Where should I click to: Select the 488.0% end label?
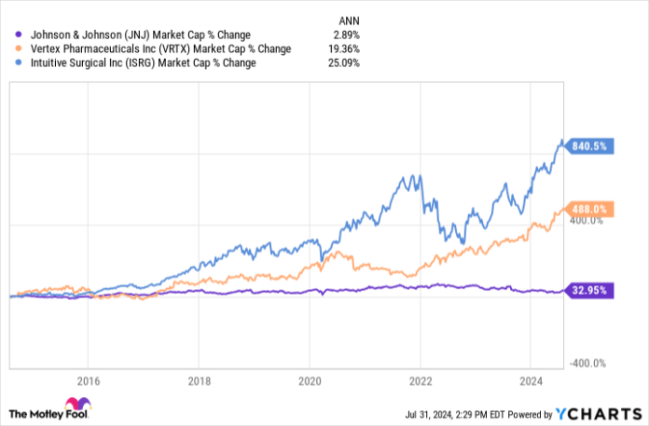[591, 210]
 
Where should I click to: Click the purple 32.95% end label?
[591, 290]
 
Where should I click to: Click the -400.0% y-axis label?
[589, 364]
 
